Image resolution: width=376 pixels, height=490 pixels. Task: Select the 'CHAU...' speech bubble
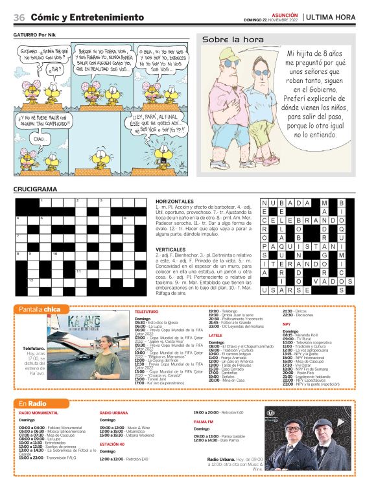click(x=40, y=139)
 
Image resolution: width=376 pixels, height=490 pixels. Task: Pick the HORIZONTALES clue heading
click(x=174, y=202)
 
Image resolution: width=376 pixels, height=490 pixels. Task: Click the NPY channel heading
click(x=286, y=323)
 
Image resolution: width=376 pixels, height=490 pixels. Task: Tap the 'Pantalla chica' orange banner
click(x=40, y=309)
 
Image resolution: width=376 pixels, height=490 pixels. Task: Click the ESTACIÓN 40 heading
click(x=112, y=444)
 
